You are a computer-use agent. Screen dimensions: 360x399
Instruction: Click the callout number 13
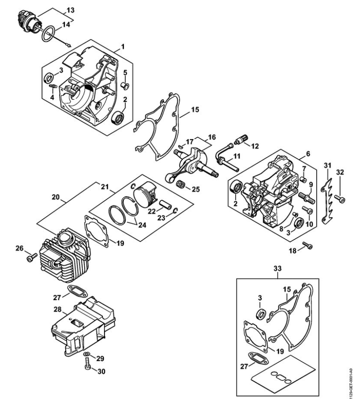click(71, 10)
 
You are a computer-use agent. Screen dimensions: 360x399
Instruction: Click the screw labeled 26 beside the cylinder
click(31, 257)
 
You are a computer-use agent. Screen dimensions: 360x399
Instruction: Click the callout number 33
click(277, 268)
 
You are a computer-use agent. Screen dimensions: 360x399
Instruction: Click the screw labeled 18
click(307, 245)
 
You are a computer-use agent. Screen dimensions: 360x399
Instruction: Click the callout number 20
click(56, 197)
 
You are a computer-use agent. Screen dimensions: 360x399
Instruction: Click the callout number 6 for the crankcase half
click(308, 154)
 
